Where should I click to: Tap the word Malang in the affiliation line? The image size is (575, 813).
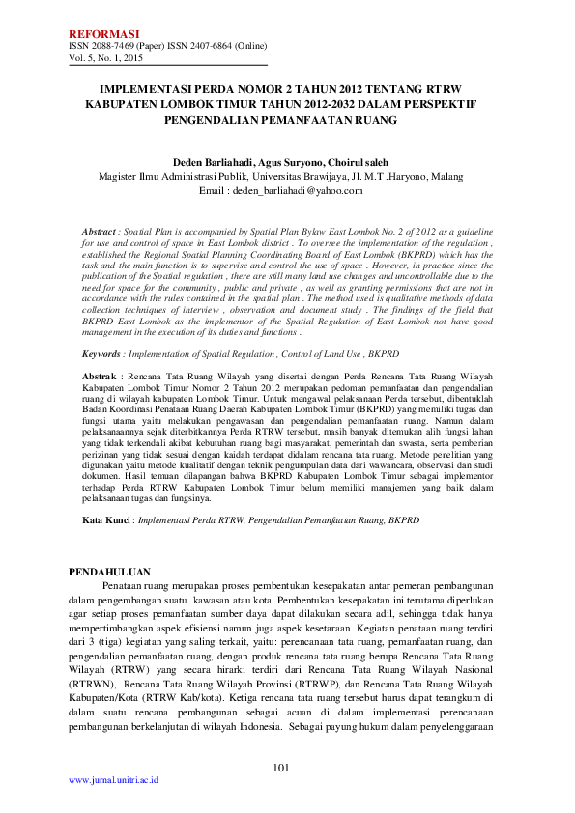(449, 177)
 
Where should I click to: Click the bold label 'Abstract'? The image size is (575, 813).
(99, 234)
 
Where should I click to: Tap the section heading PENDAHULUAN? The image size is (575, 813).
(109, 573)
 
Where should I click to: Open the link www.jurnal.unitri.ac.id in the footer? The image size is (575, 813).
(113, 778)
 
